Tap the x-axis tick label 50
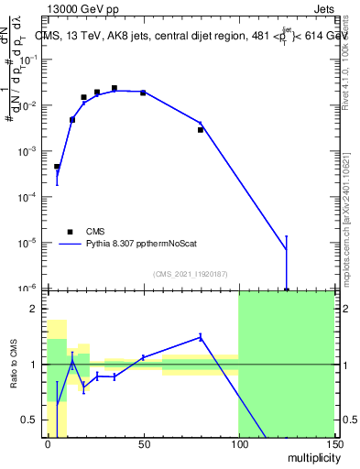143,444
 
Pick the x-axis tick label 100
238,444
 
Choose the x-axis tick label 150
333,444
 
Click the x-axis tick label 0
48,444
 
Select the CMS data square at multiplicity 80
201,130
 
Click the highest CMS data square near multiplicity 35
115,89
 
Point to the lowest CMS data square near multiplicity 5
57,167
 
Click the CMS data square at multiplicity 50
143,93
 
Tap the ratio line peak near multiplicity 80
201,336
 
